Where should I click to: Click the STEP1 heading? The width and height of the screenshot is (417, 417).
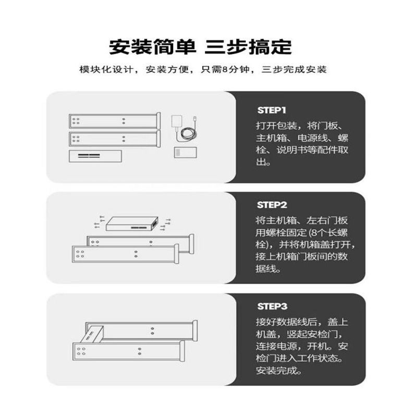272,111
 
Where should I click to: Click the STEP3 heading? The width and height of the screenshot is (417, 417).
272,306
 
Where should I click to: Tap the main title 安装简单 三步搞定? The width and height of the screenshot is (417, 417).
200,46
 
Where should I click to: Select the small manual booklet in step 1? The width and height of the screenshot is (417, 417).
185,153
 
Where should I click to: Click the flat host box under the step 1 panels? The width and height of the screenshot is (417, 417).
95,156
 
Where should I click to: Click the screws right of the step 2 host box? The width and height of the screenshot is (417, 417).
165,223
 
